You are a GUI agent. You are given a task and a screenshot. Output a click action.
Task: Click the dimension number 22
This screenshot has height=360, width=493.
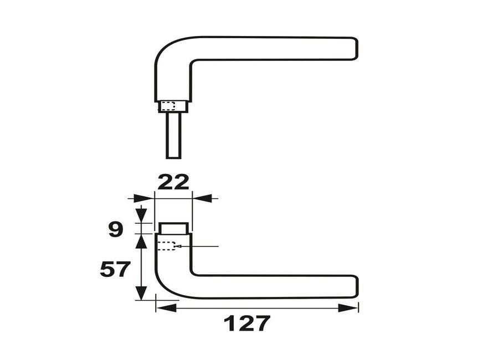click(x=173, y=182)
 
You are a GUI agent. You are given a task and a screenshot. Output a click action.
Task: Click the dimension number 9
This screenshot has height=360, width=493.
click(x=115, y=229)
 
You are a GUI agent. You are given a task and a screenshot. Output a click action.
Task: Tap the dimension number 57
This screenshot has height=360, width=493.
click(x=115, y=269)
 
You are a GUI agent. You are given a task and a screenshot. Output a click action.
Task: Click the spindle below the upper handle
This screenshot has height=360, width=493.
click(x=173, y=135)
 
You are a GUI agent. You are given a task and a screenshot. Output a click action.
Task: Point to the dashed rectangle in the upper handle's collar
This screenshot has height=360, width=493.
click(x=168, y=106)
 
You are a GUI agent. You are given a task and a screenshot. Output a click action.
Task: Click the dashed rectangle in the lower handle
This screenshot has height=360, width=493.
click(x=166, y=246)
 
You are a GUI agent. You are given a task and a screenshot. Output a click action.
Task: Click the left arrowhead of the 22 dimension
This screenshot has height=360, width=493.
click(x=143, y=198)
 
